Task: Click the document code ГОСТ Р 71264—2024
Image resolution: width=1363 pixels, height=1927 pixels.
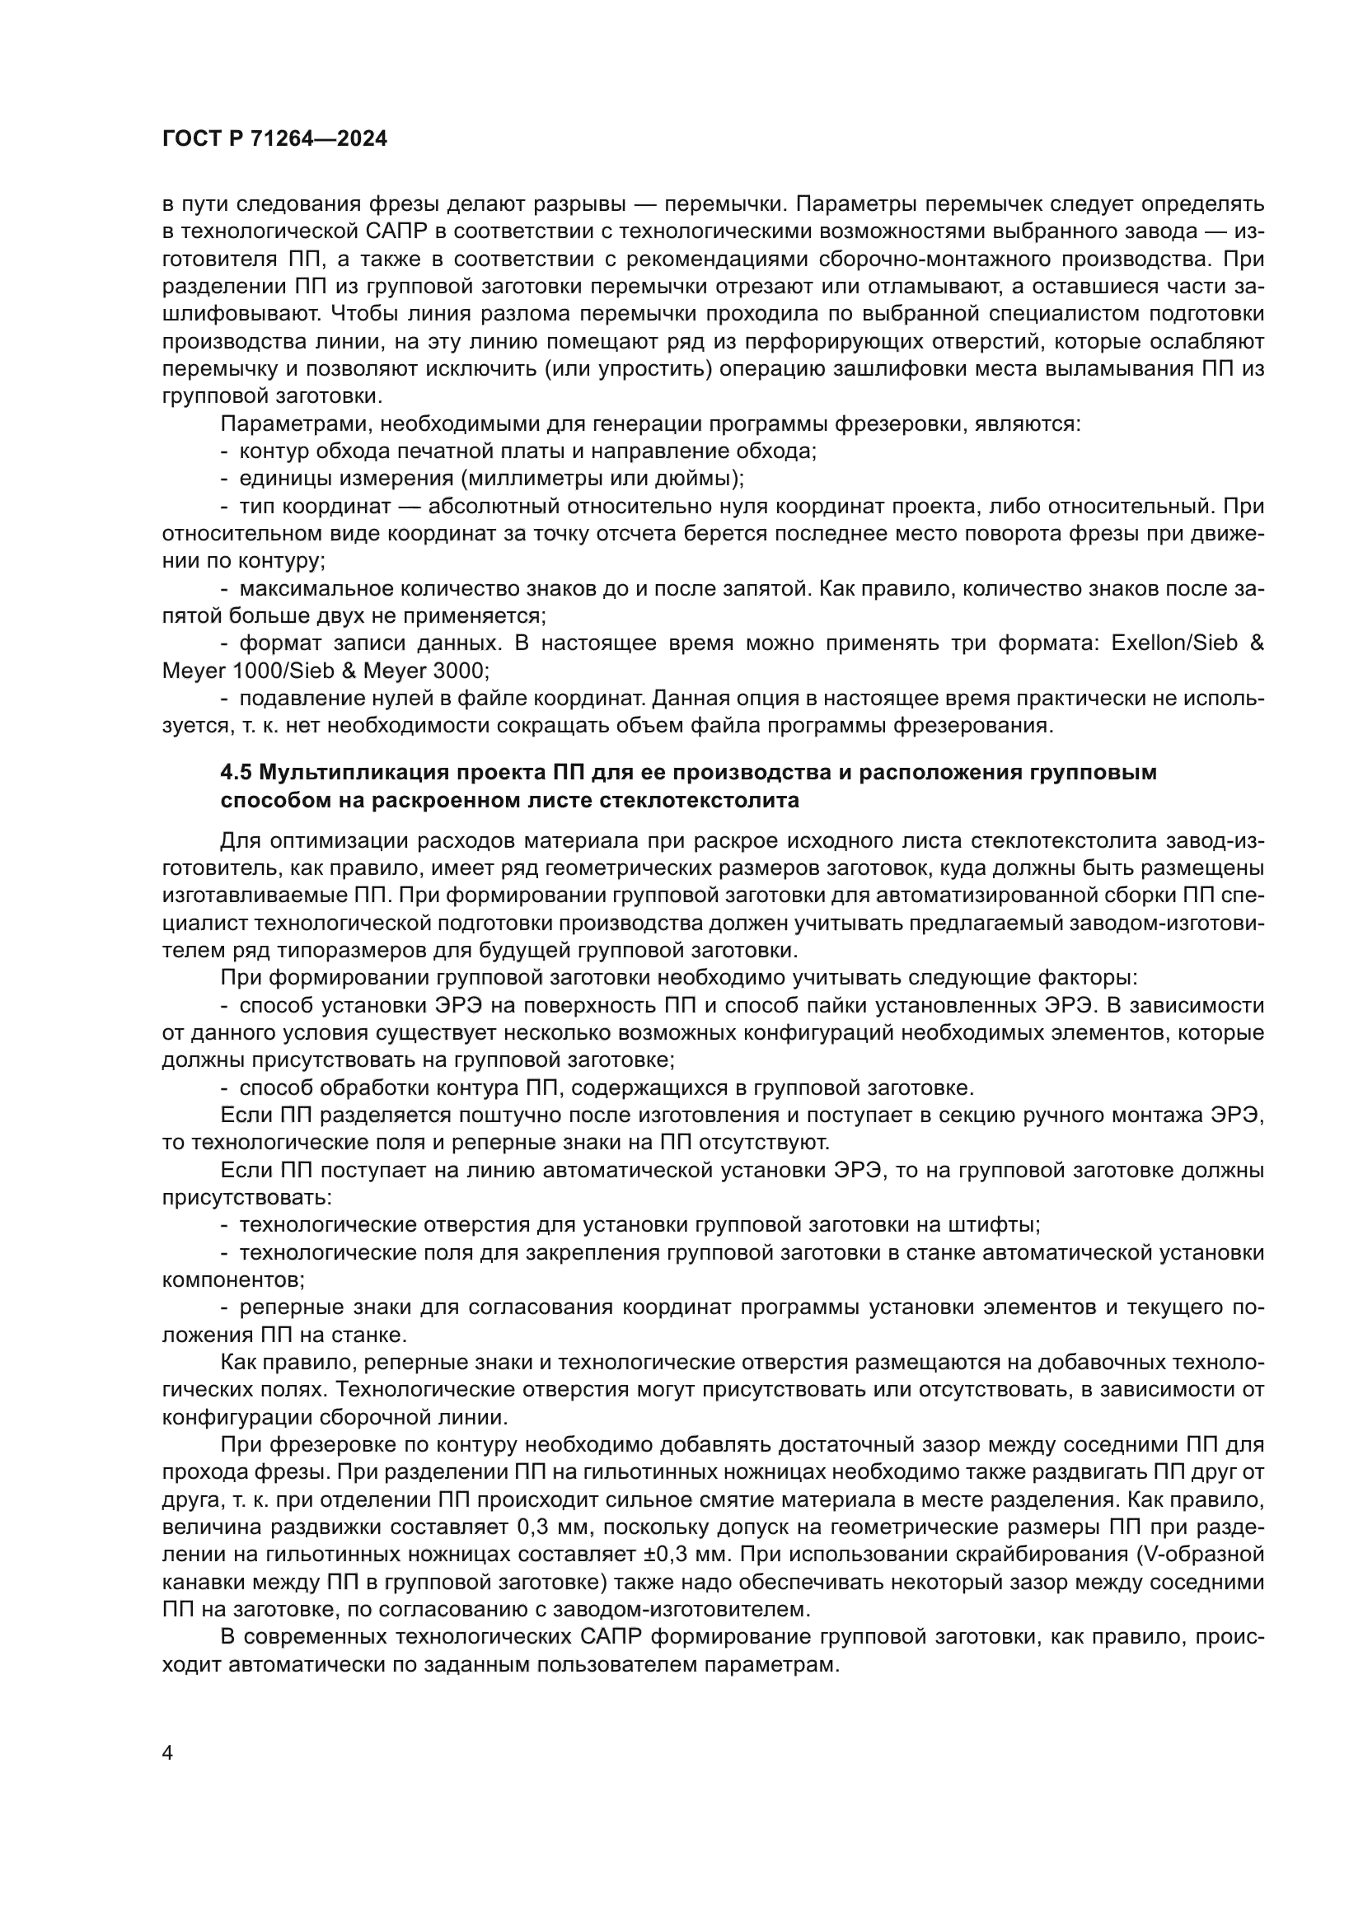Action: (274, 139)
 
